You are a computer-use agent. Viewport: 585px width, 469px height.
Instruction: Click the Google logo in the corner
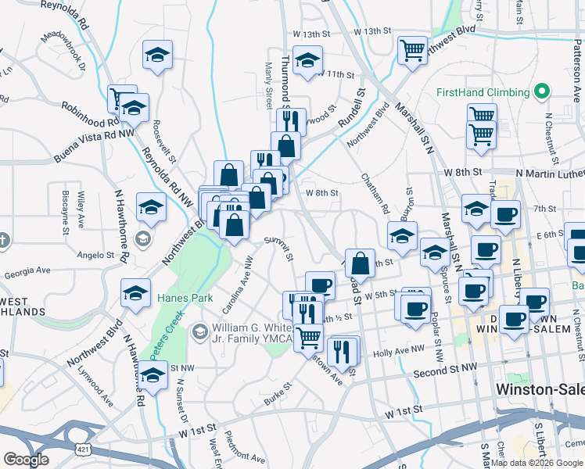click(25, 460)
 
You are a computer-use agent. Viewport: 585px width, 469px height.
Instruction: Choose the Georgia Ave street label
click(27, 271)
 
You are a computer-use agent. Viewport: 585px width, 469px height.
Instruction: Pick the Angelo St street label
click(96, 254)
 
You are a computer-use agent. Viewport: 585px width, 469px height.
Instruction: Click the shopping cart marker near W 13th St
click(412, 50)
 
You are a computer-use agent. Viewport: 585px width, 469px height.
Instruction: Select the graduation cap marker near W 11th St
click(309, 60)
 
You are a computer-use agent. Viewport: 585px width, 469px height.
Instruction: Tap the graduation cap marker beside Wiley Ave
click(151, 207)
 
